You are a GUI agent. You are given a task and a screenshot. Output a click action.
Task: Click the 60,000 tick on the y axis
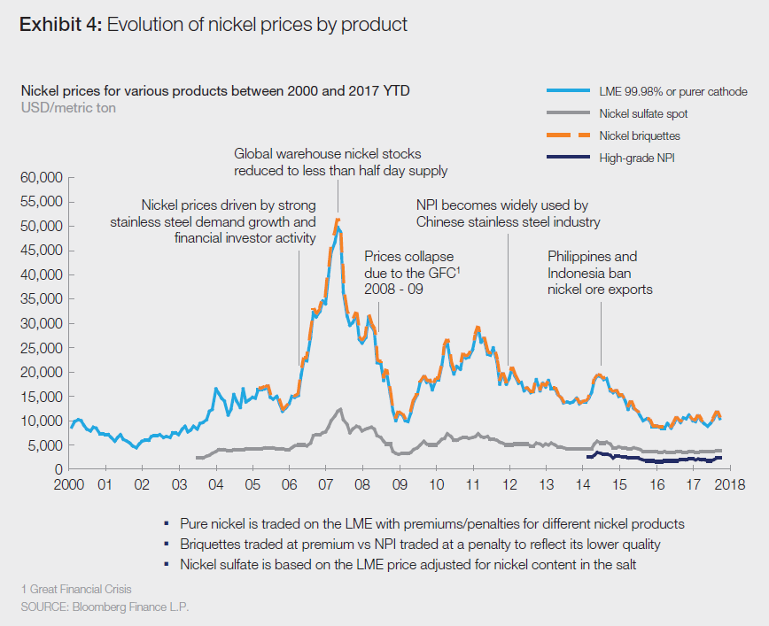(40, 178)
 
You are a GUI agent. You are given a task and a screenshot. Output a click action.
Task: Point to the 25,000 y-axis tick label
(40, 348)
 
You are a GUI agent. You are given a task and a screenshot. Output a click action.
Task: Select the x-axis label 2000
(70, 484)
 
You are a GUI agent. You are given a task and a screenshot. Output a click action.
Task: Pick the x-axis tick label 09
(400, 484)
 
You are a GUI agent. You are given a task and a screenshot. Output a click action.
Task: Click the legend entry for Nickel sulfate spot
(642, 113)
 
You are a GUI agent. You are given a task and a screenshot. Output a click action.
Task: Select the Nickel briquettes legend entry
(639, 135)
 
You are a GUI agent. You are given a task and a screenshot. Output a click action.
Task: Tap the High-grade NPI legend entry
(636, 158)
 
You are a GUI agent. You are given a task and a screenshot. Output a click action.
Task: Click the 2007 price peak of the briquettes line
(338, 220)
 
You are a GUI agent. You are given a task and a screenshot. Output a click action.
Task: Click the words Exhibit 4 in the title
(59, 25)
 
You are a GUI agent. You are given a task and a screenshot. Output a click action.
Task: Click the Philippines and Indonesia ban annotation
(593, 273)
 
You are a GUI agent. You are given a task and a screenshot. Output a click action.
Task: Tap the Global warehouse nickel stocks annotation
(340, 162)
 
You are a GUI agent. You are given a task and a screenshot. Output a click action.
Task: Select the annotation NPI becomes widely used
(508, 213)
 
